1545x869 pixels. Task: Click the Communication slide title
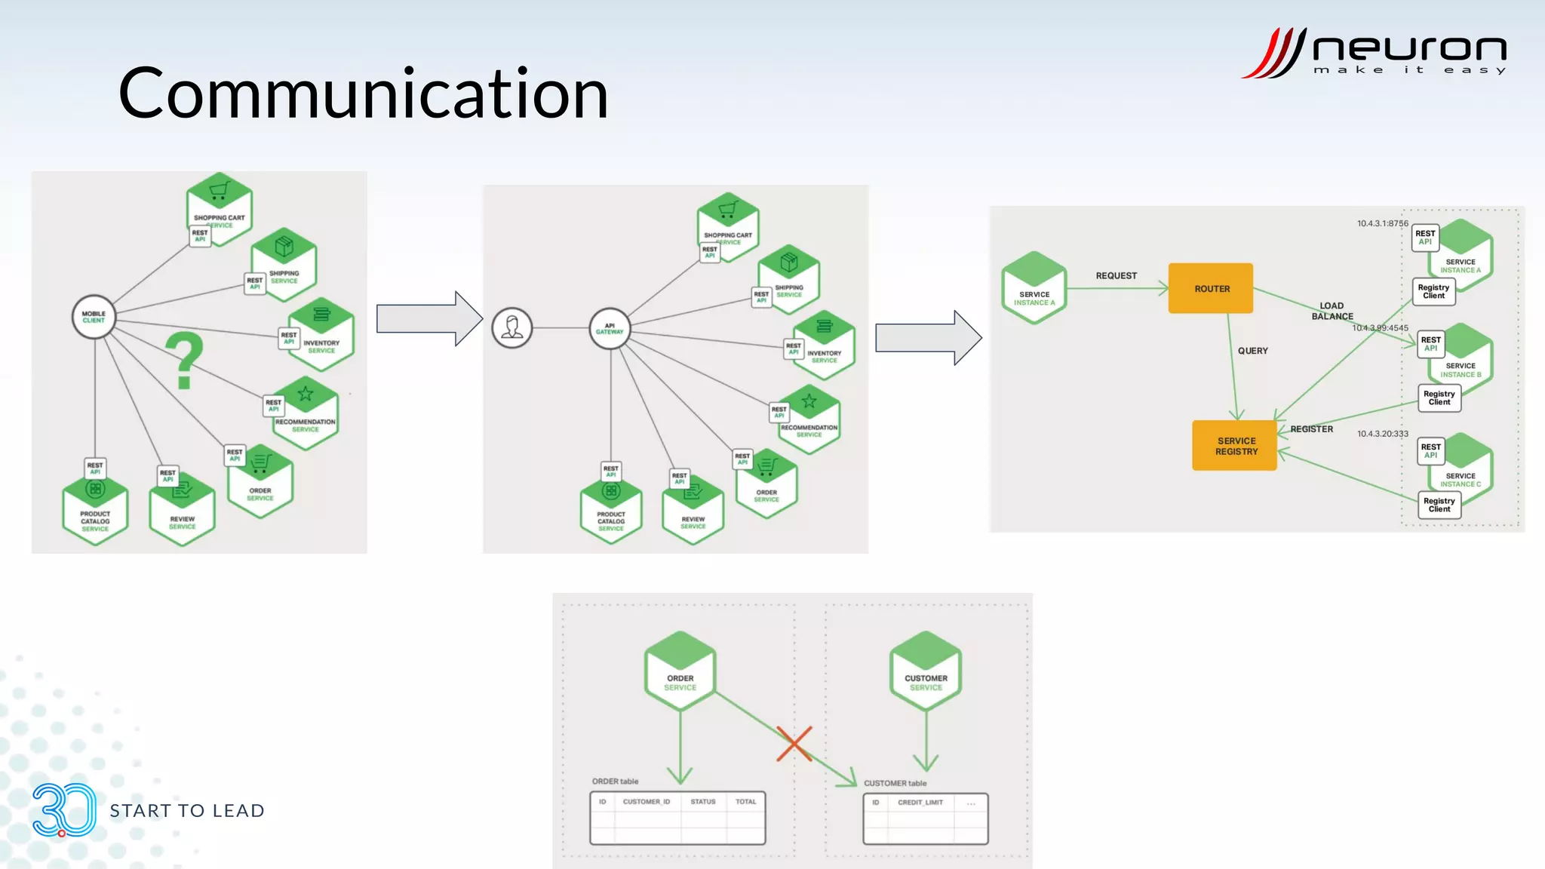pyautogui.click(x=363, y=94)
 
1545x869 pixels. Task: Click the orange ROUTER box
pyautogui.click(x=1210, y=288)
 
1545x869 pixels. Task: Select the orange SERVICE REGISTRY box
pyautogui.click(x=1235, y=446)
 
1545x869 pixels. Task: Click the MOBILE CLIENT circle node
pyautogui.click(x=94, y=317)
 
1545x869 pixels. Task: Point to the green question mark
pyautogui.click(x=185, y=361)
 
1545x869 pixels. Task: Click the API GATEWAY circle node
pyautogui.click(x=610, y=329)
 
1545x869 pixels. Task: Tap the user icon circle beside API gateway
pyautogui.click(x=512, y=327)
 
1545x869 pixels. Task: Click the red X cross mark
pyautogui.click(x=794, y=744)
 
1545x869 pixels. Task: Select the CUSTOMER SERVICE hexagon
pyautogui.click(x=926, y=671)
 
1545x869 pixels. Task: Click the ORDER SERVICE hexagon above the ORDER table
pyautogui.click(x=680, y=671)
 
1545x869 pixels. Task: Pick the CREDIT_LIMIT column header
pyautogui.click(x=920, y=803)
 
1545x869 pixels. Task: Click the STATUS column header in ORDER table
pyautogui.click(x=702, y=802)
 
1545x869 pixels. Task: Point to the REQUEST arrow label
pyautogui.click(x=1116, y=276)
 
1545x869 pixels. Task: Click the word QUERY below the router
pyautogui.click(x=1252, y=351)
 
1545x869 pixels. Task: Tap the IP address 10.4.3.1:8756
pyautogui.click(x=1382, y=223)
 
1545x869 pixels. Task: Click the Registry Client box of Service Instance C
pyautogui.click(x=1439, y=505)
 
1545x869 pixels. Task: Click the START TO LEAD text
pyautogui.click(x=187, y=811)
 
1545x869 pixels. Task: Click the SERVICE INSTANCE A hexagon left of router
pyautogui.click(x=1034, y=289)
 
